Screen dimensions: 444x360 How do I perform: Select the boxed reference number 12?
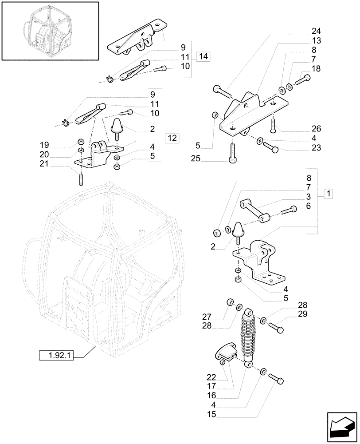tap(172, 138)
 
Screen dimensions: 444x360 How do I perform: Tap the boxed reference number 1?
tap(329, 194)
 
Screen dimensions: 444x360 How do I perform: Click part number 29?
tap(303, 314)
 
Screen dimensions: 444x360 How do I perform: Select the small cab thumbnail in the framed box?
tap(49, 31)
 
